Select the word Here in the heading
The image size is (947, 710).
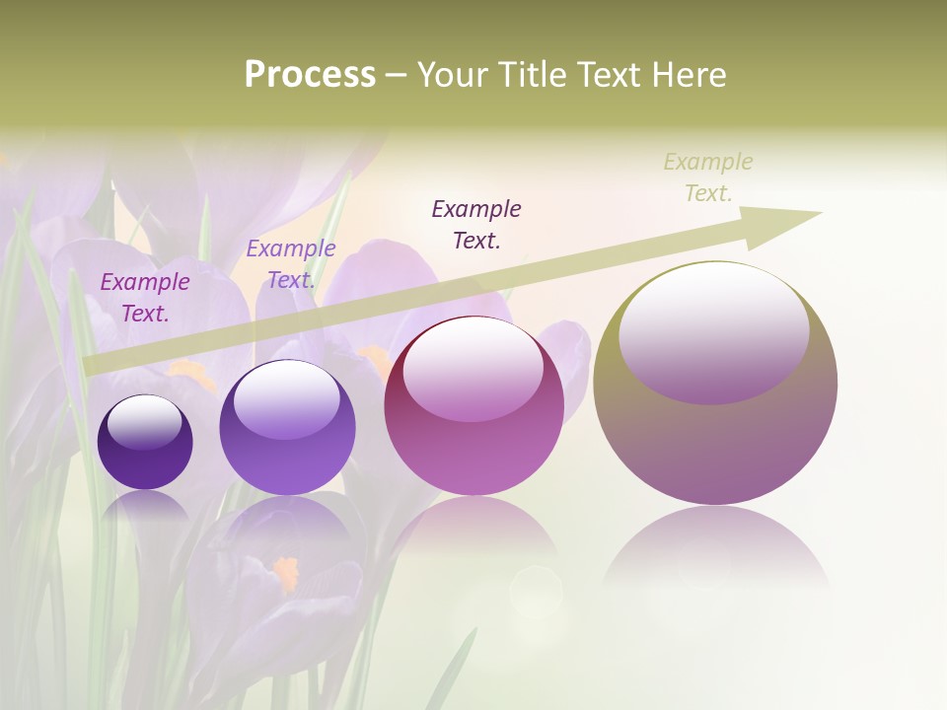point(690,76)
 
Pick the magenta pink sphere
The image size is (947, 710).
point(473,405)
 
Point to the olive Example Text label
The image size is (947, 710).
point(708,177)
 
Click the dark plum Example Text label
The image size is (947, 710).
point(476,224)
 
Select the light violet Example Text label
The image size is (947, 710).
point(291,264)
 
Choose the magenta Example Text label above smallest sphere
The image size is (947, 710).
point(145,297)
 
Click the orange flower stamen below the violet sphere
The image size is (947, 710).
point(286,572)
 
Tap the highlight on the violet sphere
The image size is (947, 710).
point(286,398)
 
